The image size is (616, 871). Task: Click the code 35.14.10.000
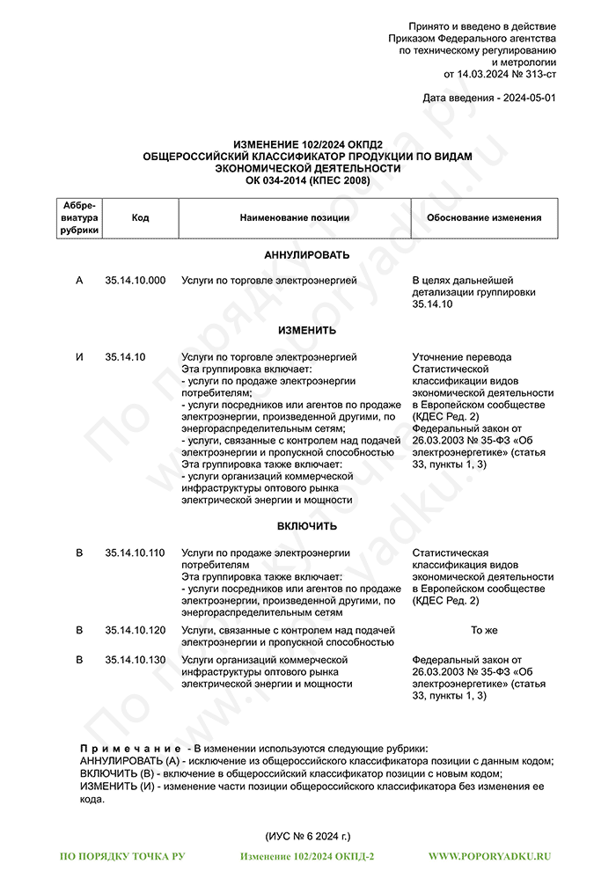[135, 281]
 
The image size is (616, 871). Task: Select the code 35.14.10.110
[135, 553]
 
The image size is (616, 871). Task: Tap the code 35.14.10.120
[135, 631]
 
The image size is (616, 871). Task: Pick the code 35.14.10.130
[135, 660]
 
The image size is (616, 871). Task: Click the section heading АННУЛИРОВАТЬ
[307, 255]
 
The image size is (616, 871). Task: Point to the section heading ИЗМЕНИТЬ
[307, 331]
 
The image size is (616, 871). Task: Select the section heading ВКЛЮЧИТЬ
[307, 526]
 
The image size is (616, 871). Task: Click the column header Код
[140, 218]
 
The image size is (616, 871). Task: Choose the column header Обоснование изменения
[484, 218]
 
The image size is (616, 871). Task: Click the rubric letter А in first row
[79, 281]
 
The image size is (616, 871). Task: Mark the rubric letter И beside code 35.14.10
[79, 357]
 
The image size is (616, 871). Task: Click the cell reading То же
[484, 631]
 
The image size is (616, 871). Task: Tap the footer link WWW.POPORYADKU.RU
[489, 856]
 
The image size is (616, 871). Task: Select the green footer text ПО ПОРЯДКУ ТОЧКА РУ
[122, 856]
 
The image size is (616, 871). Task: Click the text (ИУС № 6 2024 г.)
[307, 836]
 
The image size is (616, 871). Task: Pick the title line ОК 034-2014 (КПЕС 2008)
[307, 180]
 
